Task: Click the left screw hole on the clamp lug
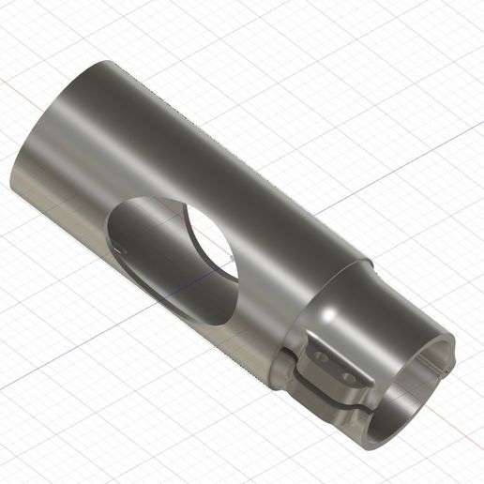321,357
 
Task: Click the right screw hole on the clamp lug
349,376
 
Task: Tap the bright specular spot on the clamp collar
333,310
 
